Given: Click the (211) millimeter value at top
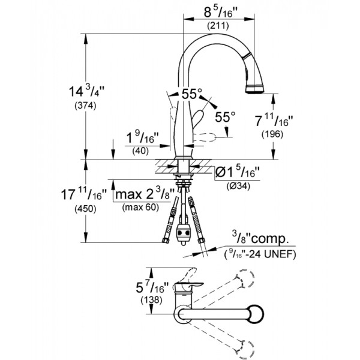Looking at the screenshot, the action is click(x=218, y=26).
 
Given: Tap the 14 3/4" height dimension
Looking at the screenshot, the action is click(x=86, y=92).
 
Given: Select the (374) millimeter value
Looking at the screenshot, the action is click(x=85, y=106).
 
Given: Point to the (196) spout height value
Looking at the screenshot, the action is click(x=272, y=134).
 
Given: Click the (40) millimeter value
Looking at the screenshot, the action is click(x=140, y=151).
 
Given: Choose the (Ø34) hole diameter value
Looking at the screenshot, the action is click(x=238, y=186).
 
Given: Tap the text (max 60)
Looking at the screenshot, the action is click(x=140, y=208).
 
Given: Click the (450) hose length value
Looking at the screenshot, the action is click(x=85, y=209).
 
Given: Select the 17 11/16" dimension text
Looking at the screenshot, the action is click(x=84, y=194).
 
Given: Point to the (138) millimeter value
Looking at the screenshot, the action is click(x=152, y=299).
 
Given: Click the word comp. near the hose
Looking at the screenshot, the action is click(x=269, y=239).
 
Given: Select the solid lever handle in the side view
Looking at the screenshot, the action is click(x=198, y=118).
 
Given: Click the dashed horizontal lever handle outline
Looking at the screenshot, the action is click(x=204, y=137).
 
